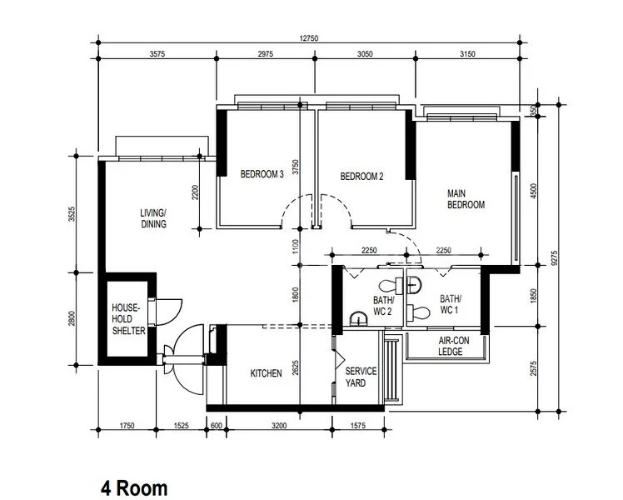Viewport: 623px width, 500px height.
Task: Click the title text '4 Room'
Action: tap(134, 487)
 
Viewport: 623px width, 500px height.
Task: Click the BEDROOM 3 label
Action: tap(262, 175)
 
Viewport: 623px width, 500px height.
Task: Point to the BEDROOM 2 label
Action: tap(361, 177)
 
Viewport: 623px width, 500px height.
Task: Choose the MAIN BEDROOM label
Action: tap(466, 199)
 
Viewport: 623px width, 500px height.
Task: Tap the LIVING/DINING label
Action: tap(153, 218)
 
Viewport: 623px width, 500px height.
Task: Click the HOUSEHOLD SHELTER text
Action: tap(128, 319)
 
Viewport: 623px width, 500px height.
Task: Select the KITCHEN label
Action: tap(267, 374)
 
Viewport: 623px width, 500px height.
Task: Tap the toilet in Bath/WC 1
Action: tap(421, 312)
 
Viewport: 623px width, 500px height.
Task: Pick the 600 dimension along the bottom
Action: tap(216, 426)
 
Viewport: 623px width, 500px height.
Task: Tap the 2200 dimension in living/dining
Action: tap(195, 193)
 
